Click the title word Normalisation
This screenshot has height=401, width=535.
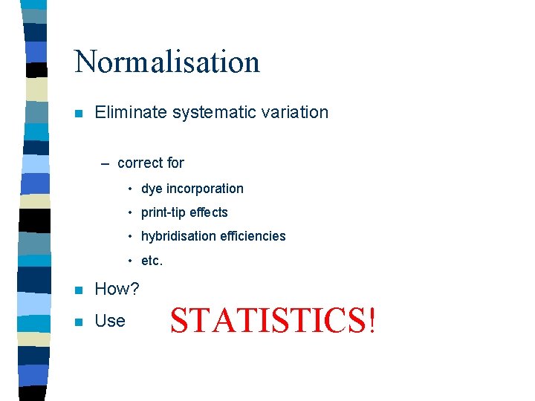(167, 61)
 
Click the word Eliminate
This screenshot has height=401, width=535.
(131, 112)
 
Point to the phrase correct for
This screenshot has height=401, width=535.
(151, 163)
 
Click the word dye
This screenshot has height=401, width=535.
(152, 189)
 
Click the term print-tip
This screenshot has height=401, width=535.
(163, 212)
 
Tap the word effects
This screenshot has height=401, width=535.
(209, 212)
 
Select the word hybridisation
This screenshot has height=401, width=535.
(178, 236)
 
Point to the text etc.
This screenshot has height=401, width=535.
(152, 261)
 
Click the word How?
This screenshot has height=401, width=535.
(117, 289)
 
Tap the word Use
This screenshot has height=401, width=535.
(110, 321)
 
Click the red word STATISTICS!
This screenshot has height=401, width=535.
(273, 321)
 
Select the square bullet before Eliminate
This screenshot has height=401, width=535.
(77, 114)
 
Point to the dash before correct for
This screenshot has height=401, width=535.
(106, 163)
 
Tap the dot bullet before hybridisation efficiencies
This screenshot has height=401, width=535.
(129, 237)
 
